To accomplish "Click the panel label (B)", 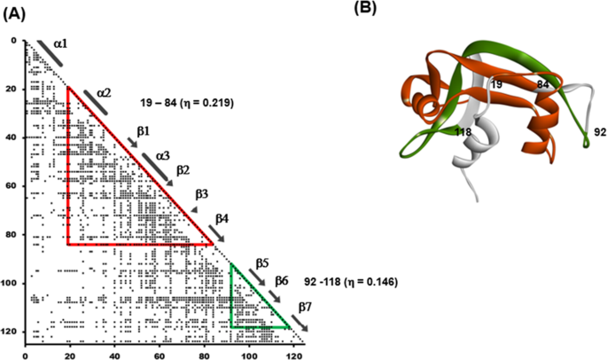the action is [x=365, y=9].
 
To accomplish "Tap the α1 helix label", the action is [x=60, y=43].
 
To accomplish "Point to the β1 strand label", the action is [x=143, y=131].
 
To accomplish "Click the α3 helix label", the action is [x=162, y=156].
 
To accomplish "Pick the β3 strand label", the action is [x=202, y=194].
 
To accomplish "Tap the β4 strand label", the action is [x=222, y=219].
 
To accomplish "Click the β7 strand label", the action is [x=305, y=308].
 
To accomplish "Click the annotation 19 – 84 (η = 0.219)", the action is [x=187, y=103].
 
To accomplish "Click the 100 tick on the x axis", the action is [x=249, y=354].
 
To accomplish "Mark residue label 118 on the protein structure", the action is [x=463, y=132].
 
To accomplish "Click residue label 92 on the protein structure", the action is [x=600, y=132].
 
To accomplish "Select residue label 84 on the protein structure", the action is [x=542, y=84].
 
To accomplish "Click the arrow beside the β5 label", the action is [x=257, y=278].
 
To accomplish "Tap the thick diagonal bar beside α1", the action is [x=50, y=53].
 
